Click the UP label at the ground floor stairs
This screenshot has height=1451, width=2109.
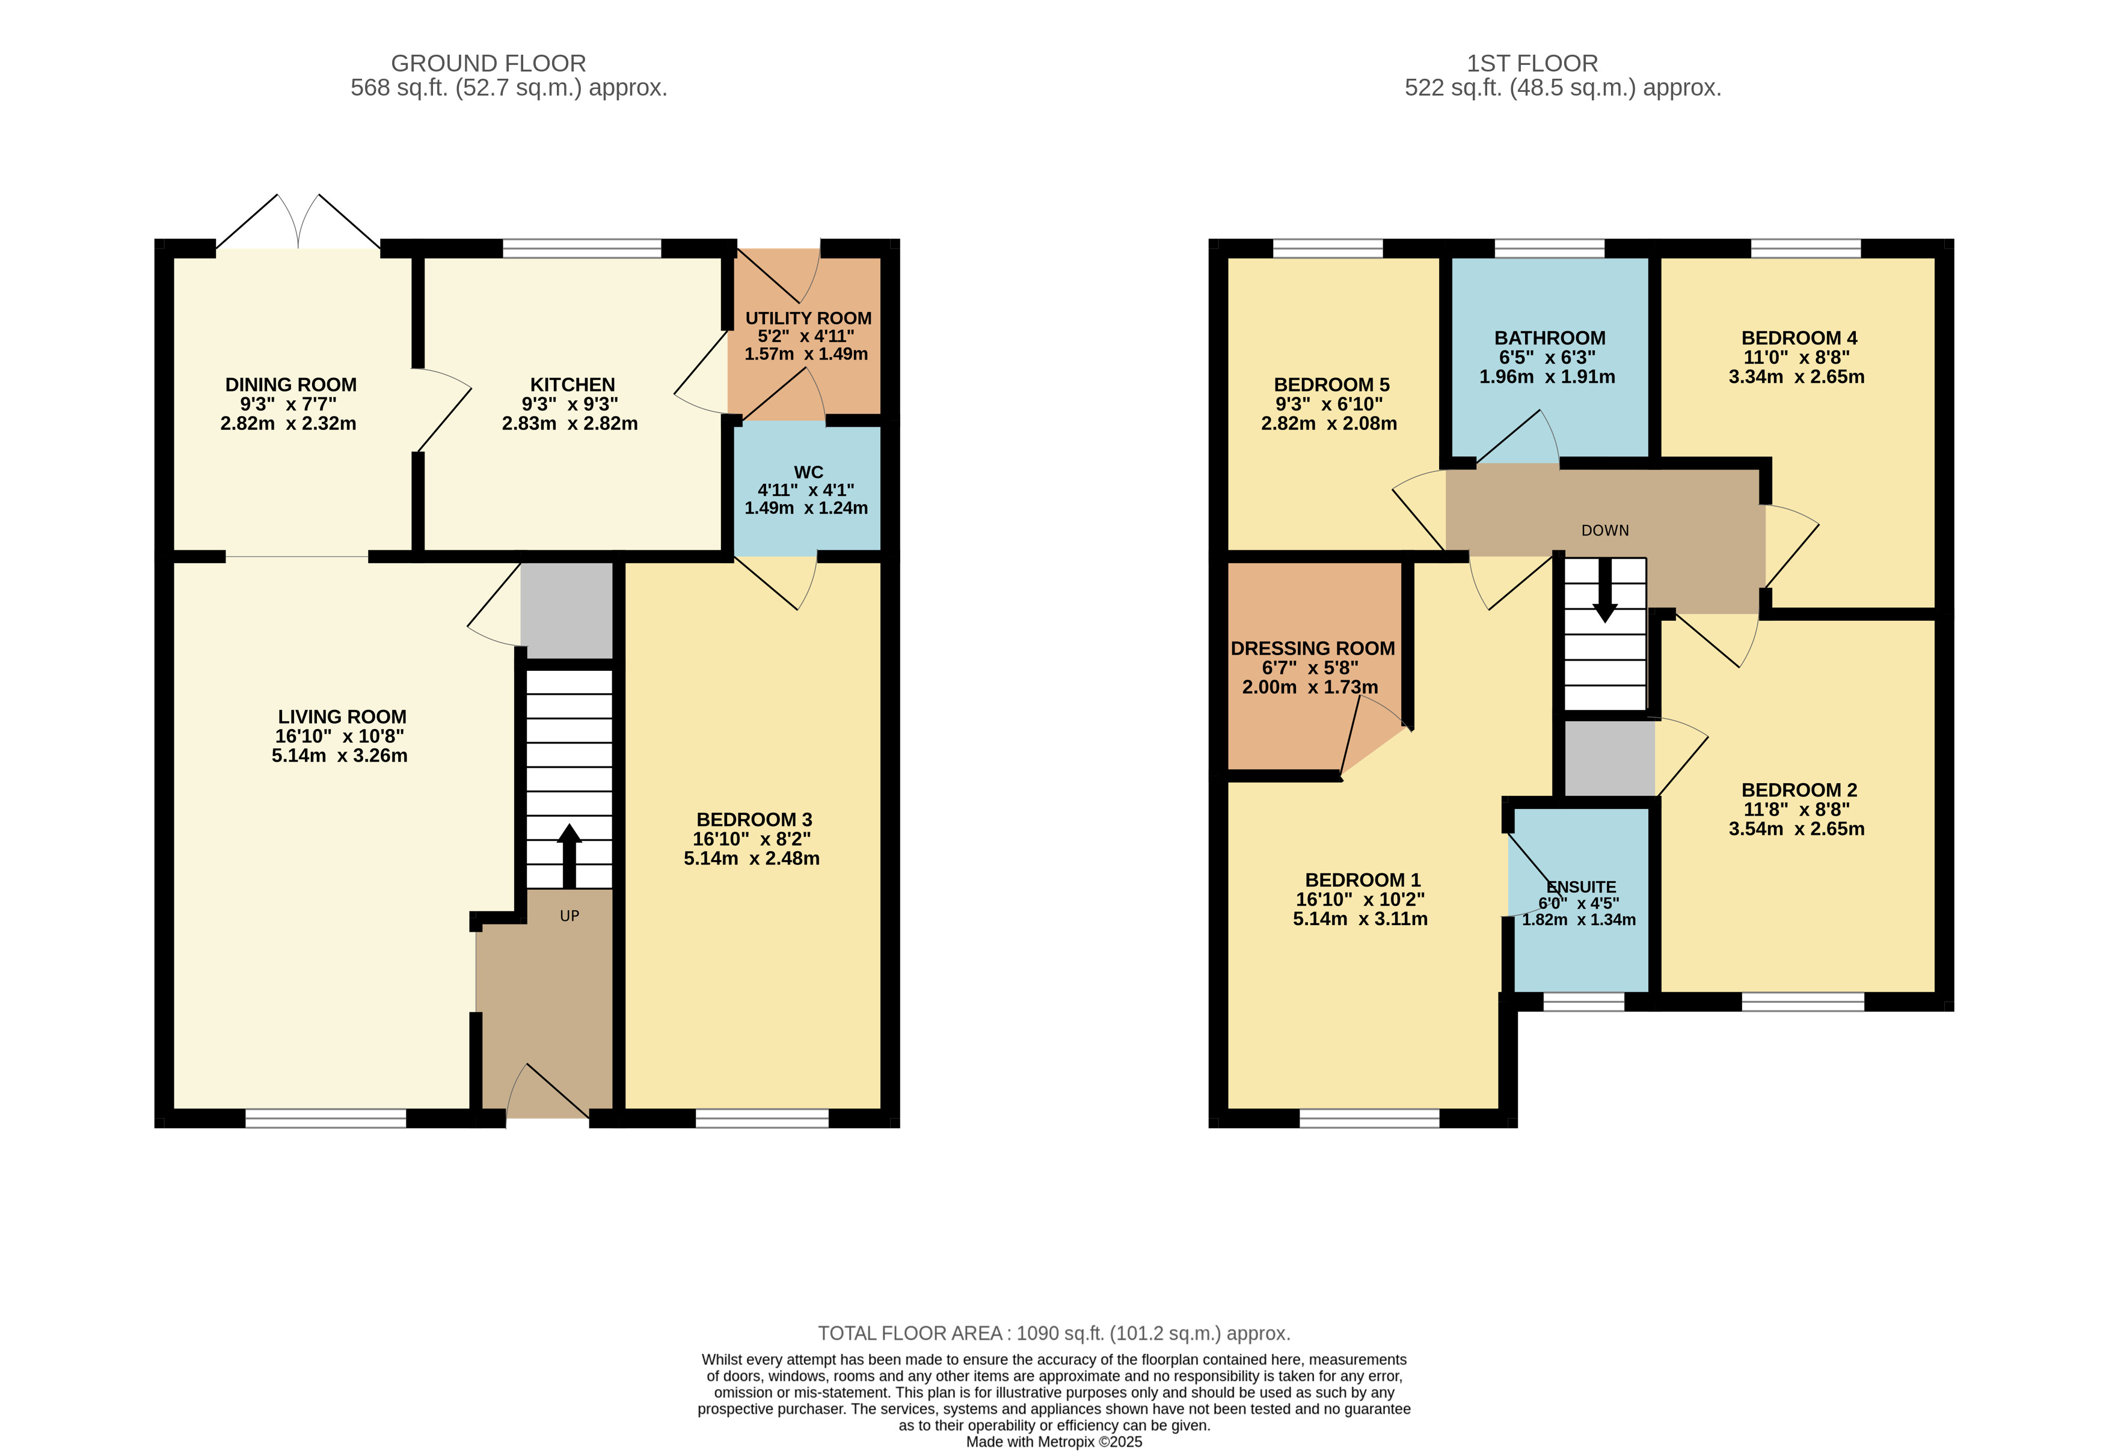click(x=569, y=917)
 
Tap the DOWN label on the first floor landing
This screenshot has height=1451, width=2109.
click(x=1605, y=531)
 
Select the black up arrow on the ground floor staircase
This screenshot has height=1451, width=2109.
click(x=569, y=855)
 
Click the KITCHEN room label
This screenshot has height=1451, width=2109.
click(x=573, y=385)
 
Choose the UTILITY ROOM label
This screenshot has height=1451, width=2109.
click(x=808, y=318)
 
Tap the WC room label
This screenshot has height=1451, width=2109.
click(x=808, y=472)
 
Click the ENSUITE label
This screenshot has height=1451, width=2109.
click(x=1582, y=887)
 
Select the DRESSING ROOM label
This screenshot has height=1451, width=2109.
click(x=1312, y=648)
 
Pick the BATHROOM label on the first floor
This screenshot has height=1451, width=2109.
click(x=1550, y=337)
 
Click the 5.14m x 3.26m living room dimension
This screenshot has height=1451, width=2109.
click(x=339, y=756)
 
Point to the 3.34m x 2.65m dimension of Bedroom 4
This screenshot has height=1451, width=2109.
click(x=1796, y=376)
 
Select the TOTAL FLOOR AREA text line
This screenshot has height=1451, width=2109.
click(x=1054, y=1333)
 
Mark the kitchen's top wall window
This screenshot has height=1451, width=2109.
click(x=582, y=248)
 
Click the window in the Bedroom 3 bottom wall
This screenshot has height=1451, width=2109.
click(x=762, y=1118)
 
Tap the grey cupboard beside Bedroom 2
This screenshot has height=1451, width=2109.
click(x=1609, y=757)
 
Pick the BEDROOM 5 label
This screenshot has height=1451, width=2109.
click(x=1331, y=385)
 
